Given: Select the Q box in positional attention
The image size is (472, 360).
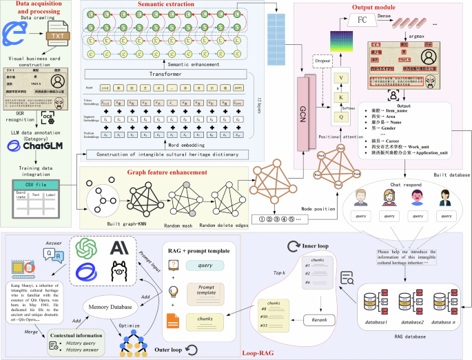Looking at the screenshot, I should click(x=339, y=117).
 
